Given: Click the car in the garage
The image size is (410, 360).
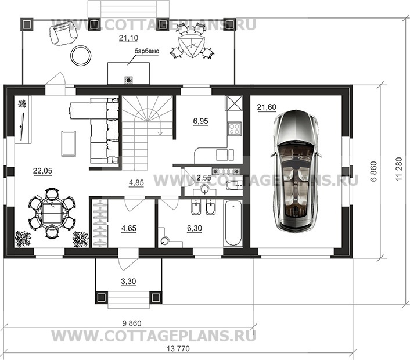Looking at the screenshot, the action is [x=296, y=171].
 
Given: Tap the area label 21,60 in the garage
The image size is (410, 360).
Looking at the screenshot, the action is [x=267, y=107].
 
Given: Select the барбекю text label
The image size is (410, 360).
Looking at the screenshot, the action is [x=147, y=51].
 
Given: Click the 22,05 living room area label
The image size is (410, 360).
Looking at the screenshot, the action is [x=42, y=171].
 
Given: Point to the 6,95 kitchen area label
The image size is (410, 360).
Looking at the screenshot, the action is [x=200, y=121].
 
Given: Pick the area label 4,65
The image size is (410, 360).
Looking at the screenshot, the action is [x=129, y=228].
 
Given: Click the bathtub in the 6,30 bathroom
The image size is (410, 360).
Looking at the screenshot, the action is [x=233, y=223].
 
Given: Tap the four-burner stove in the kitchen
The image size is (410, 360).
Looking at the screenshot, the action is [x=234, y=128].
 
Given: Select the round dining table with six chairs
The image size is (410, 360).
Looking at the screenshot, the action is [x=52, y=213].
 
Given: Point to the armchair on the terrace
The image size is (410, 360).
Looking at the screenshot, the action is [x=63, y=33].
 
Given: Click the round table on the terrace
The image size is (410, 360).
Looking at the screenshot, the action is [x=81, y=55].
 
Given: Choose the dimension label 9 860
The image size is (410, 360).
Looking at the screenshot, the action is [x=132, y=323].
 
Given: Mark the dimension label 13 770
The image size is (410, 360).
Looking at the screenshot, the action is [x=178, y=348].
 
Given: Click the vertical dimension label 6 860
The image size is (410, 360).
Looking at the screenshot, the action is [x=374, y=171].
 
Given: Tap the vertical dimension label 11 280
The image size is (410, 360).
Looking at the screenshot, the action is [x=398, y=169].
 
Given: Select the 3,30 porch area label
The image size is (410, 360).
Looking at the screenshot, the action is [x=128, y=281].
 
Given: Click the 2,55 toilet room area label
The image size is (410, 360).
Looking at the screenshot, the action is [x=204, y=178].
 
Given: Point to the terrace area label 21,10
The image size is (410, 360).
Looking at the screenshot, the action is [x=128, y=38].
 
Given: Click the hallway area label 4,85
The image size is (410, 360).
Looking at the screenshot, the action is [x=136, y=183].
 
